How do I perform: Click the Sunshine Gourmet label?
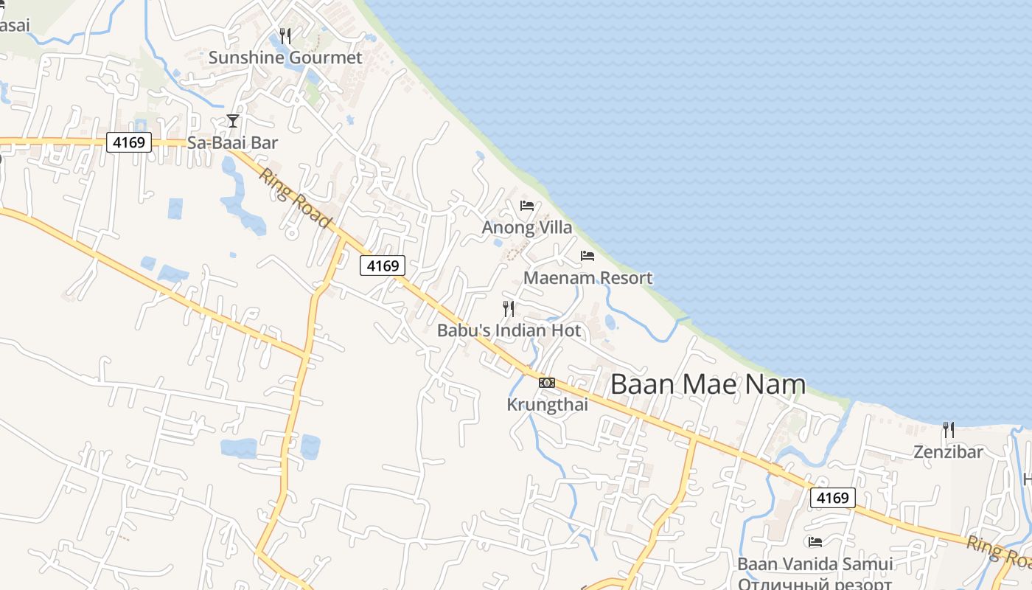coord(285,58)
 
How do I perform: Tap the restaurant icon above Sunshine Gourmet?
coord(285,35)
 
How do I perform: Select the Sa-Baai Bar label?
coord(232,142)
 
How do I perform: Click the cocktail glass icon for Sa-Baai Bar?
coord(233,120)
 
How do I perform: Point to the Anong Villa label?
coord(526,227)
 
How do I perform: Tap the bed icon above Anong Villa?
coord(526,205)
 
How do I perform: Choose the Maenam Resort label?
coord(588,278)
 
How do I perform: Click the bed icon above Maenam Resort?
coord(588,256)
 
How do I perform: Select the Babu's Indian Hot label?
coord(509,330)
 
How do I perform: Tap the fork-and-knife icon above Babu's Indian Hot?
coord(509,308)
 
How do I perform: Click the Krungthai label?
coord(547,404)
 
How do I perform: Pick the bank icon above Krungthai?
coord(547,382)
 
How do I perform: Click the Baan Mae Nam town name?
coord(708,384)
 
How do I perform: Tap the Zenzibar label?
coord(948,451)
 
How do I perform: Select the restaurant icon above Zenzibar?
coord(949,429)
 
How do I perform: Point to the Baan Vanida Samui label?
coord(815,564)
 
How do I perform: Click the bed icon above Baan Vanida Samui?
coord(815,542)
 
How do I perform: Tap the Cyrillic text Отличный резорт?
coord(815,583)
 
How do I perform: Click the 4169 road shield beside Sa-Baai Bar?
coord(129,142)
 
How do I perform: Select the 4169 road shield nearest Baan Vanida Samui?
coord(833,498)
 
